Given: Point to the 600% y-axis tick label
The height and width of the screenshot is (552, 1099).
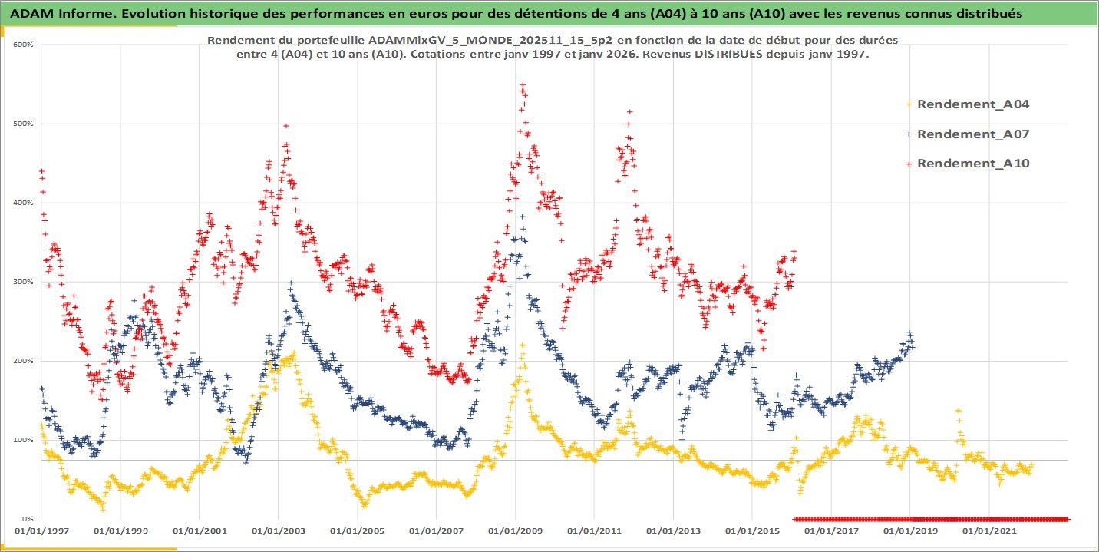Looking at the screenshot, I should tap(22, 45).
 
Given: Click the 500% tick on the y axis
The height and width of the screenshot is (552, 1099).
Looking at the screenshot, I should tap(22, 124).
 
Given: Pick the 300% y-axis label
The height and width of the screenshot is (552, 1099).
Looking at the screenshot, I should tap(22, 282).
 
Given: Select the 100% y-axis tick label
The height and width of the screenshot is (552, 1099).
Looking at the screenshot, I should tap(22, 440).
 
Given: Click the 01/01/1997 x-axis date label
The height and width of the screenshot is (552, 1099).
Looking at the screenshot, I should tap(41, 531).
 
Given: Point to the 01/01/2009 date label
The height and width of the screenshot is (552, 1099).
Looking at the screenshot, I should tap(515, 531).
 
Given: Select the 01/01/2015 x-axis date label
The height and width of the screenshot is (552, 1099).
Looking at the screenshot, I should tap(752, 531).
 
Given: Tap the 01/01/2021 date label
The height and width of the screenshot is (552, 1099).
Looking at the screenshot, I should tap(988, 531).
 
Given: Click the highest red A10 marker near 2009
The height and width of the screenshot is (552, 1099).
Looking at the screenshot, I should tap(523, 85).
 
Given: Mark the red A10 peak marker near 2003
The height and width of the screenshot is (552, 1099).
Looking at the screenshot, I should tap(286, 125).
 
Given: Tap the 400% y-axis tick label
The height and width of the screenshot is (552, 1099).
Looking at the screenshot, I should tap(22, 203).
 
